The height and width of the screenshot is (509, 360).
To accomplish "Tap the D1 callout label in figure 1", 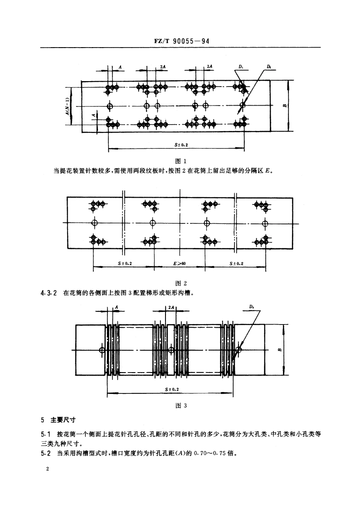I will coord(240,67).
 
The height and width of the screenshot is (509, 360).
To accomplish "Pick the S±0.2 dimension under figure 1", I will coord(181,145).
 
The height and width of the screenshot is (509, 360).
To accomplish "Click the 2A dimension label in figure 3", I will coord(170,307).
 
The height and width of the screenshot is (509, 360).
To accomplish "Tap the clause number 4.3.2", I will coord(49,293).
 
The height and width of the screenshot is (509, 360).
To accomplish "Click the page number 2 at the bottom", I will coord(47,469).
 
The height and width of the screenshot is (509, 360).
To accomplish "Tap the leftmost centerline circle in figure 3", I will coord(102,349).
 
